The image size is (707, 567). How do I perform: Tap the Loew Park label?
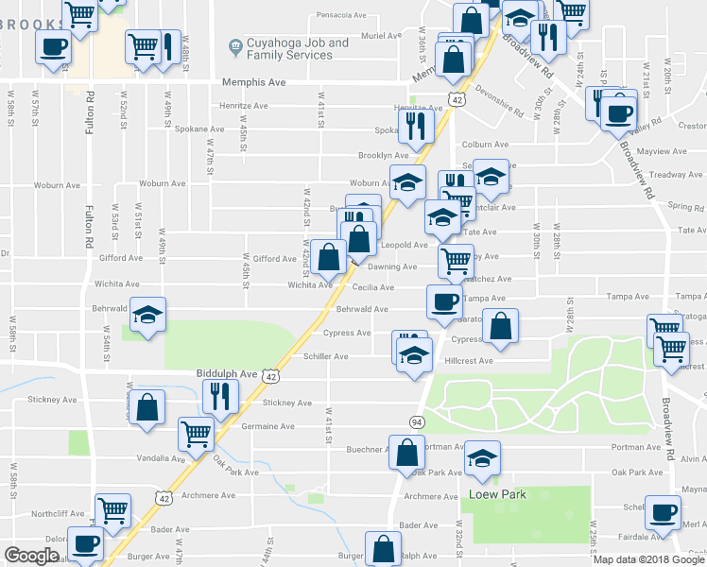click(x=497, y=494)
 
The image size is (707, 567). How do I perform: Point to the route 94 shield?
click(x=416, y=420)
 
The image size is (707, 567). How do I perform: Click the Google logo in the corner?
click(x=31, y=556)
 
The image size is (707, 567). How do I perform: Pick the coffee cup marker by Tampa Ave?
click(x=444, y=301)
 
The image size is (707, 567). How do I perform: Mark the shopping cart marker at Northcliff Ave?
click(x=113, y=510)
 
